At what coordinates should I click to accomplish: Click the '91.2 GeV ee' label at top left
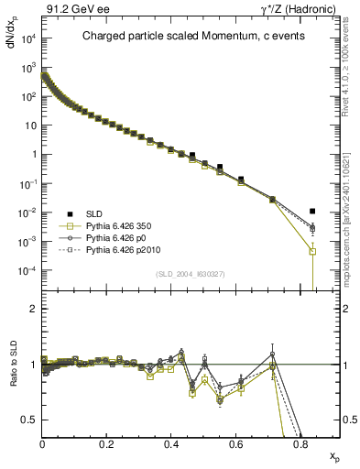(70, 10)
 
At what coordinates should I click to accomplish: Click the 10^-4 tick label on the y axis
(25, 271)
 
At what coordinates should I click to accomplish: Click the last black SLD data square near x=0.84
(312, 212)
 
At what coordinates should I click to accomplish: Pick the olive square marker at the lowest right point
(312, 251)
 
